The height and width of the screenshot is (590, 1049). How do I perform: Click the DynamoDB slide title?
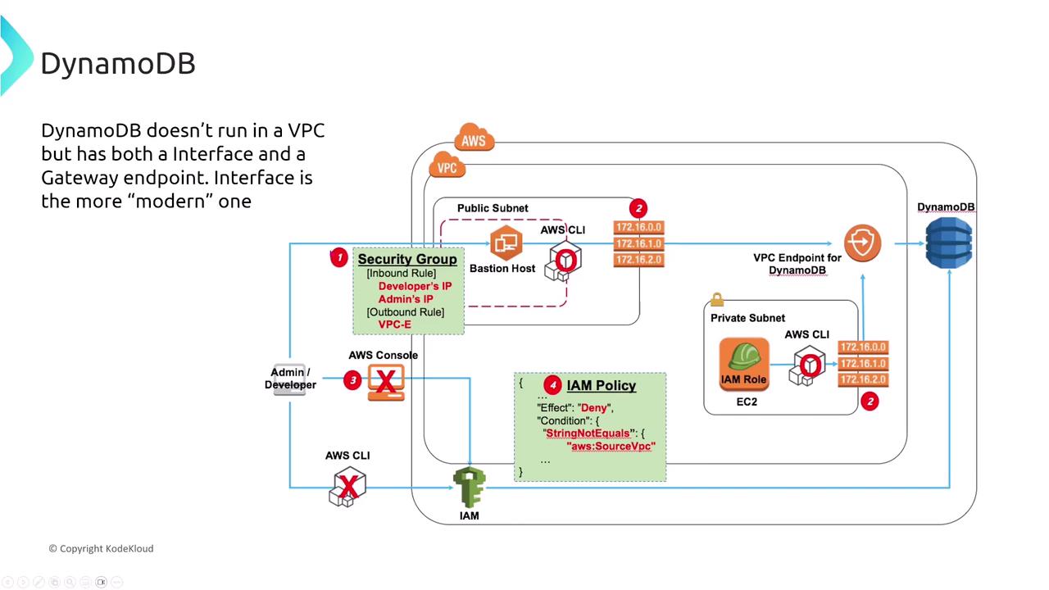pos(118,63)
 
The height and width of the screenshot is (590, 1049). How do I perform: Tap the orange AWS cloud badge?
pos(473,140)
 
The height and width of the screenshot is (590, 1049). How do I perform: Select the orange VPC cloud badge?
pos(447,167)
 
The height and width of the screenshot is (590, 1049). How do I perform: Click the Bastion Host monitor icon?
pos(506,243)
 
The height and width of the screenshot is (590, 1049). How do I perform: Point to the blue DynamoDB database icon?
pos(948,243)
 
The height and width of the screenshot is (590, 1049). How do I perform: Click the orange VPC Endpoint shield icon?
pos(862,243)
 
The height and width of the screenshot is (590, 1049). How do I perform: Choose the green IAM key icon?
pos(469,488)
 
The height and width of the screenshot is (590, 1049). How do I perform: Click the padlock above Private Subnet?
pos(717,300)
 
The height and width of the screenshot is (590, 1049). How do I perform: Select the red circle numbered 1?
pos(338,258)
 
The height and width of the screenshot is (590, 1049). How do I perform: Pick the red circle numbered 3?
pos(352,379)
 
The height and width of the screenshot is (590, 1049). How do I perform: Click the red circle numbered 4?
pos(552,385)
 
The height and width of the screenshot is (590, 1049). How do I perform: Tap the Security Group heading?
pos(407,259)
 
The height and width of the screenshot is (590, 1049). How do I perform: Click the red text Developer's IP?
pos(415,287)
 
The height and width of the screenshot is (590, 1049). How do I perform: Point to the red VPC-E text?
pos(395,324)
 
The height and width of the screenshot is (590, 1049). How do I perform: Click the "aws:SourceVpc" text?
pos(611,447)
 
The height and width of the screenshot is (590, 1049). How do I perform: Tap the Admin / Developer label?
pos(290,379)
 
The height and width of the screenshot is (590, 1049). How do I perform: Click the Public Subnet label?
pos(493,208)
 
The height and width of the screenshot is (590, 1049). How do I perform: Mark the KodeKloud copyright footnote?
pos(101,548)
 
